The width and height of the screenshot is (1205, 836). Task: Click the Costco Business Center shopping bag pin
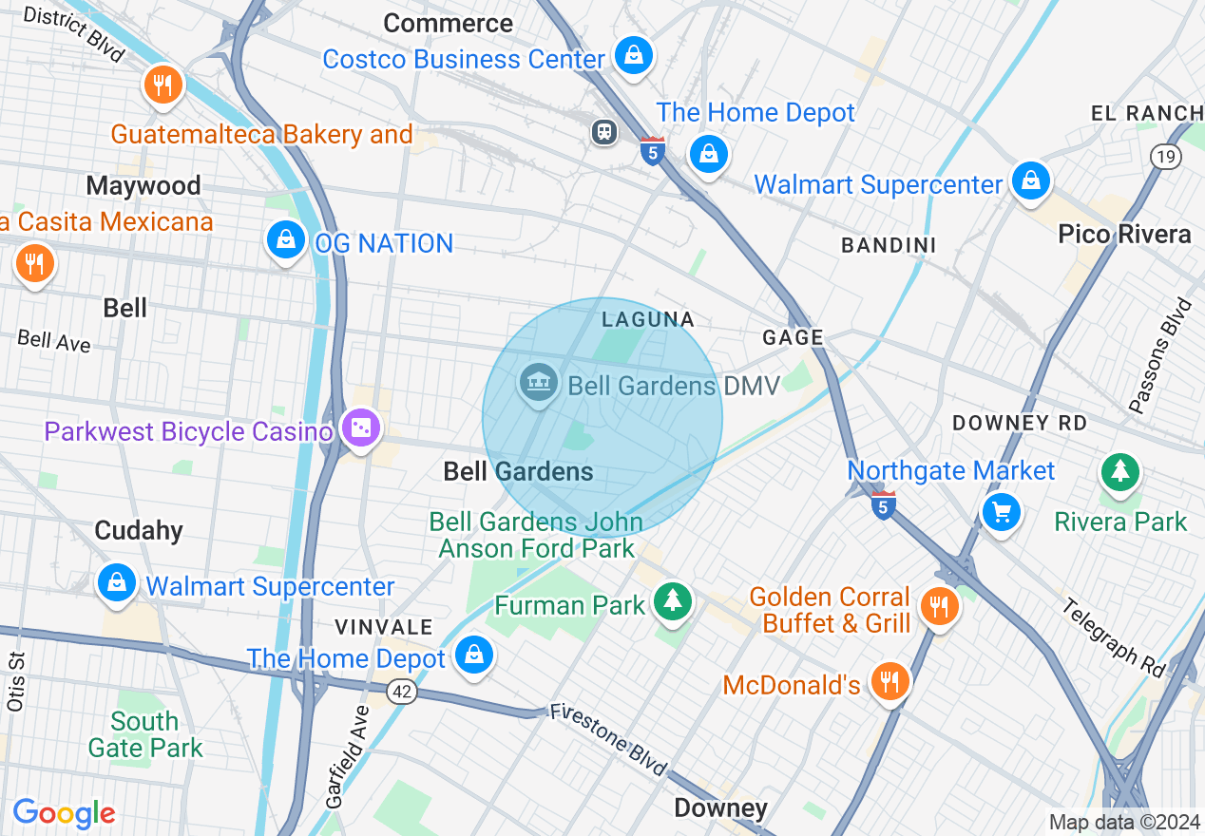(x=632, y=55)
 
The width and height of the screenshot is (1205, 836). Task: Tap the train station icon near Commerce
(x=603, y=131)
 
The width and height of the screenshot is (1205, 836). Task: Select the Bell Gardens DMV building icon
(x=539, y=385)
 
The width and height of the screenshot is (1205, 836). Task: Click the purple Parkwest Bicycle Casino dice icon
(x=361, y=429)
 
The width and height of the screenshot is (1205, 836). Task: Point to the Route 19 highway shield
(x=1166, y=157)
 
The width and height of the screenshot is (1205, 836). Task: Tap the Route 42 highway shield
(x=403, y=693)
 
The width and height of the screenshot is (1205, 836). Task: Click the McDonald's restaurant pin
(x=889, y=681)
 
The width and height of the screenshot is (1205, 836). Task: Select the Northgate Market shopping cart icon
(x=1001, y=512)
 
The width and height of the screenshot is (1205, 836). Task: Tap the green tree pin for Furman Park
(x=674, y=600)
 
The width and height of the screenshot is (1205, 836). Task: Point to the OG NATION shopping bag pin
(x=285, y=240)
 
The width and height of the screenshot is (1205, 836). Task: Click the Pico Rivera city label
(x=1124, y=235)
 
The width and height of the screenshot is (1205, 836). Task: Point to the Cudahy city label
(x=139, y=530)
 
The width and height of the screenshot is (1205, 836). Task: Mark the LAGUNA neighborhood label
(x=648, y=320)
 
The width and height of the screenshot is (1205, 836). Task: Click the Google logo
(x=64, y=813)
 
